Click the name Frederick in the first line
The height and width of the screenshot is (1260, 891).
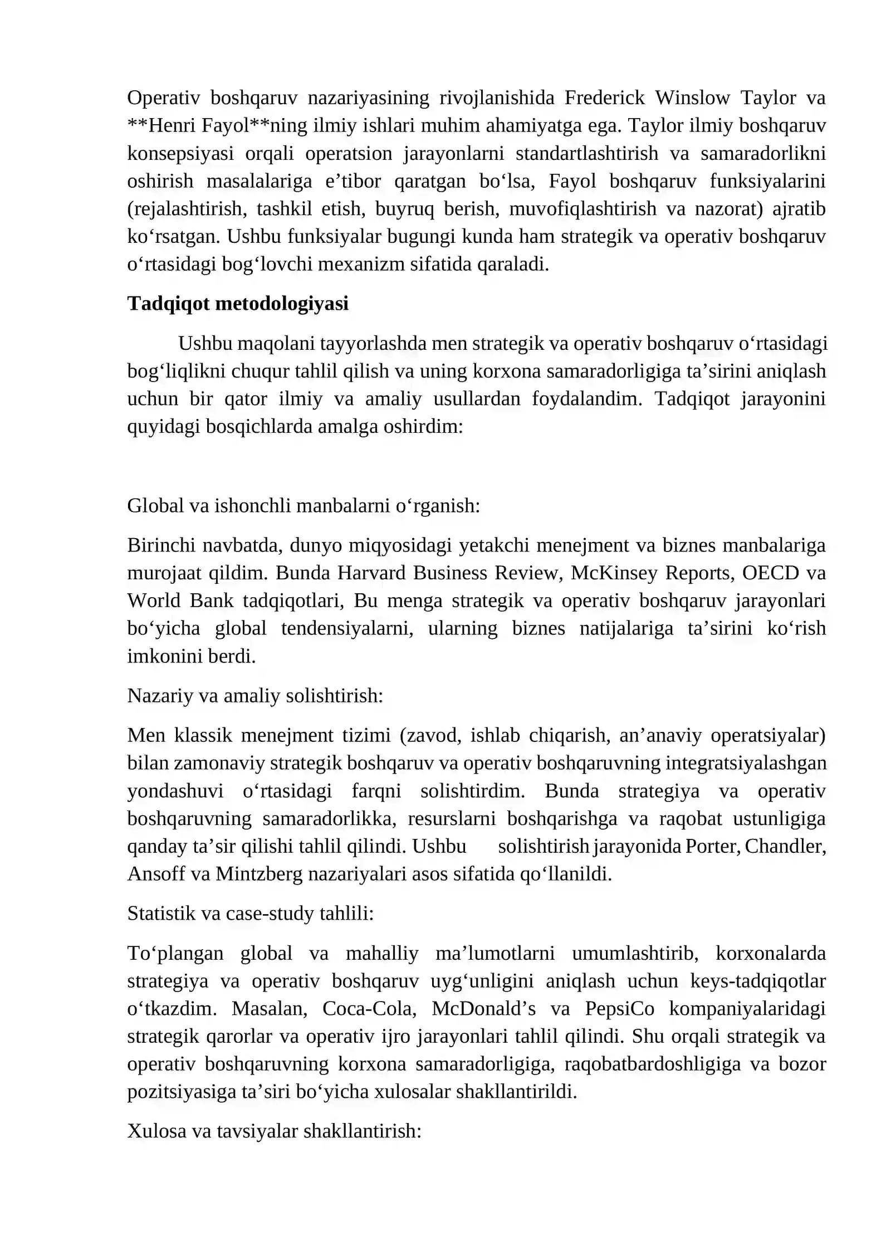[x=604, y=98]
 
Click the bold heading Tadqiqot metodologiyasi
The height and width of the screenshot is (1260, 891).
[x=238, y=304]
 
